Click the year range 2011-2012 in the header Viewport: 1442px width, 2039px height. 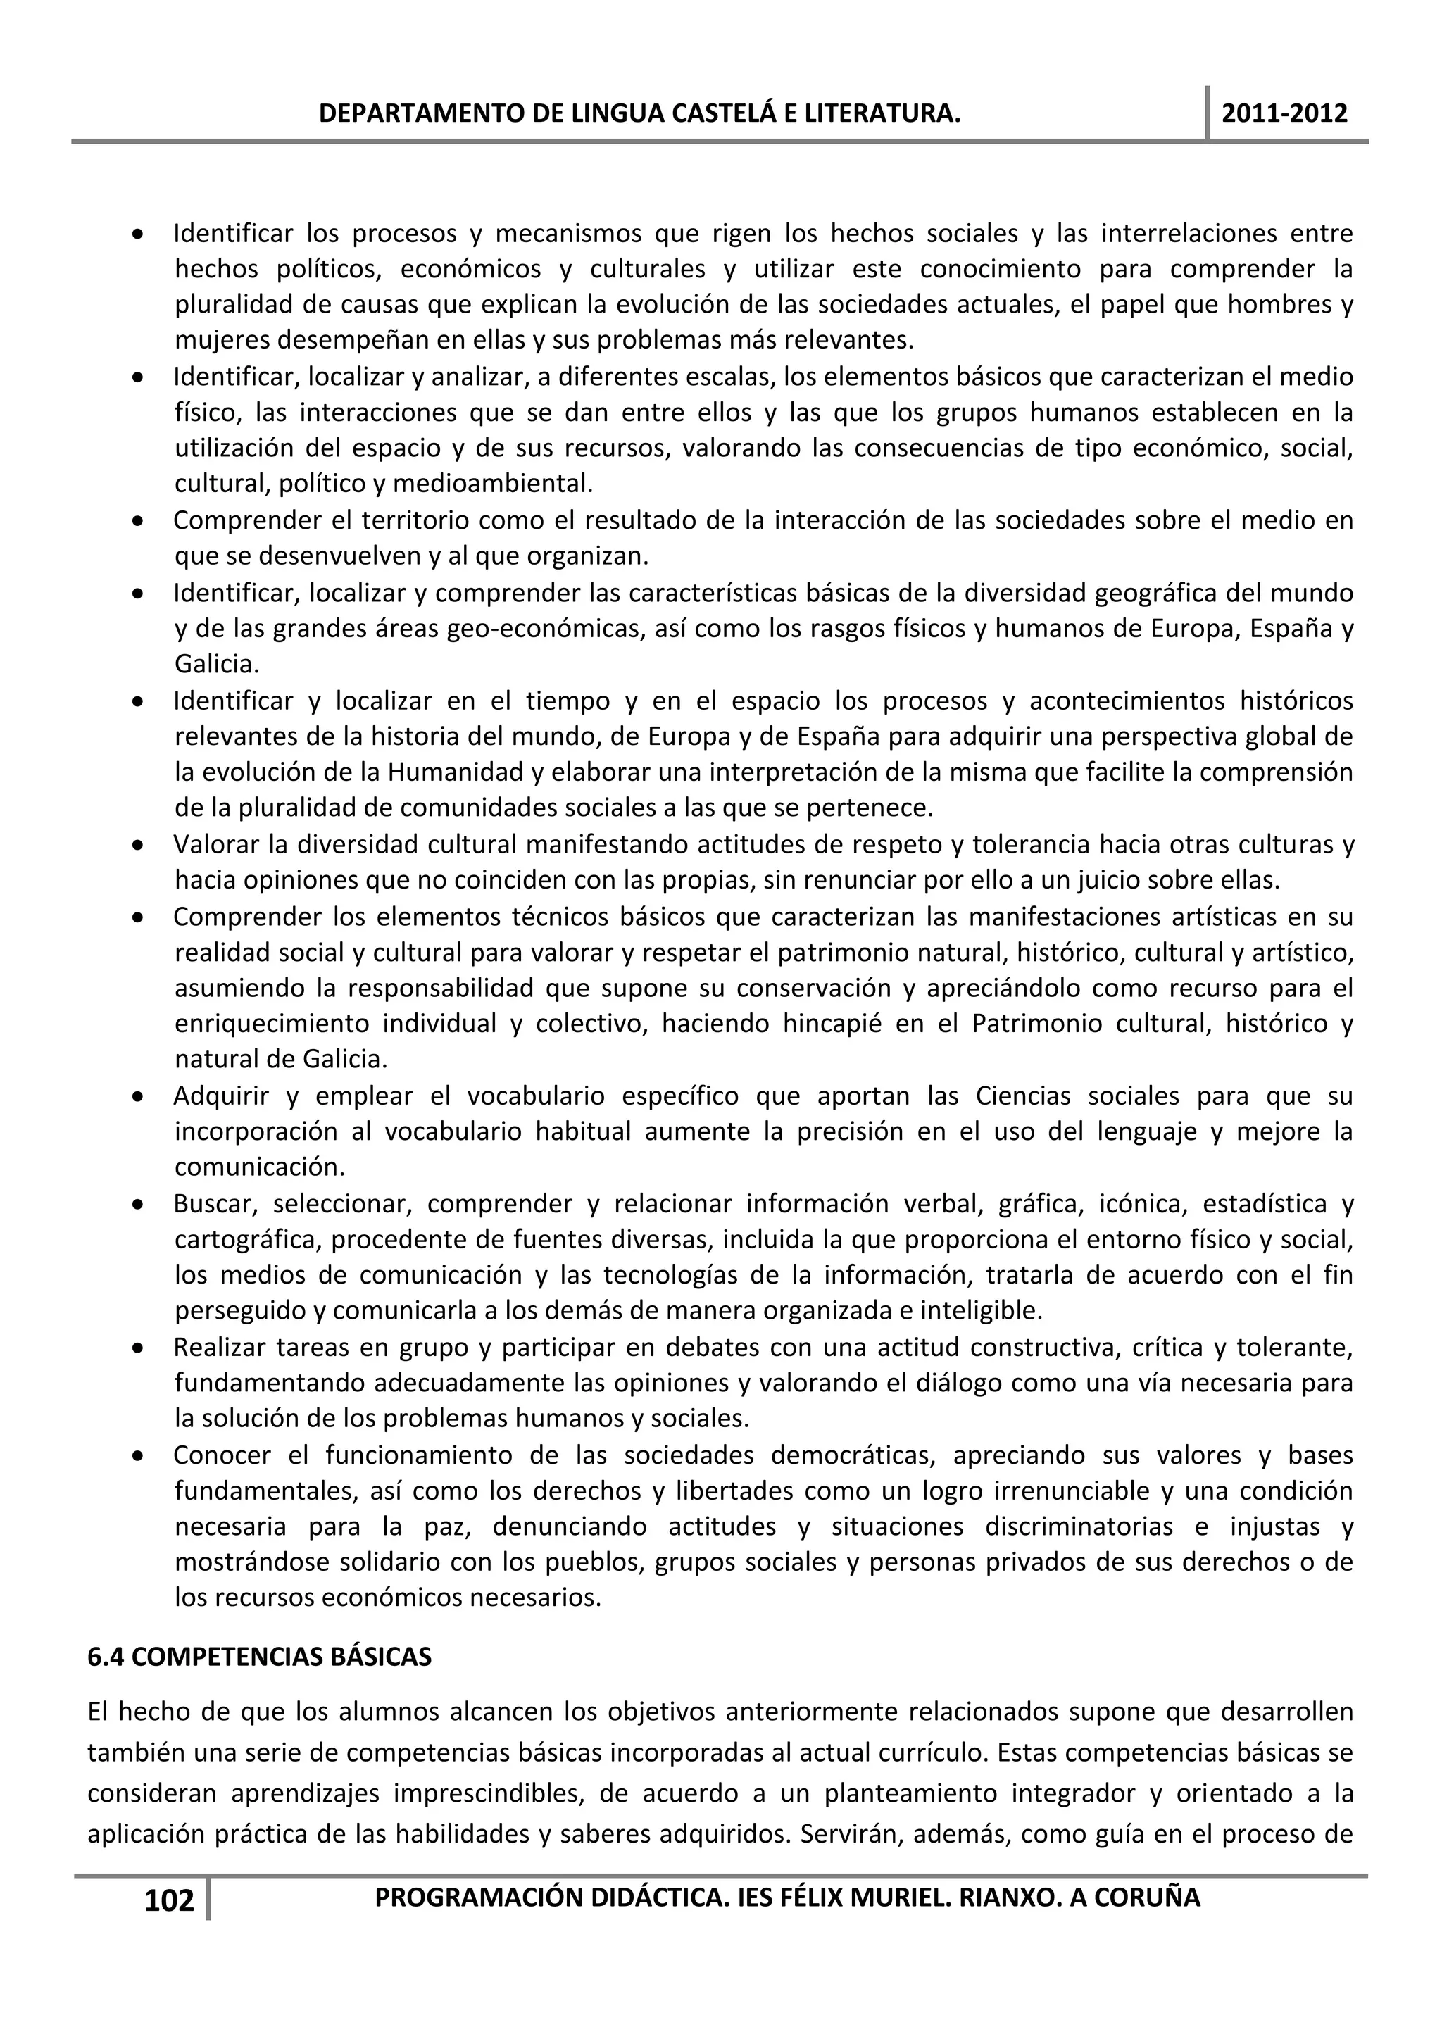point(1284,113)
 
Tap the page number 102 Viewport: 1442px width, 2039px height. point(169,1900)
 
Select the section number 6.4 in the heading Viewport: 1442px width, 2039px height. point(105,1657)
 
